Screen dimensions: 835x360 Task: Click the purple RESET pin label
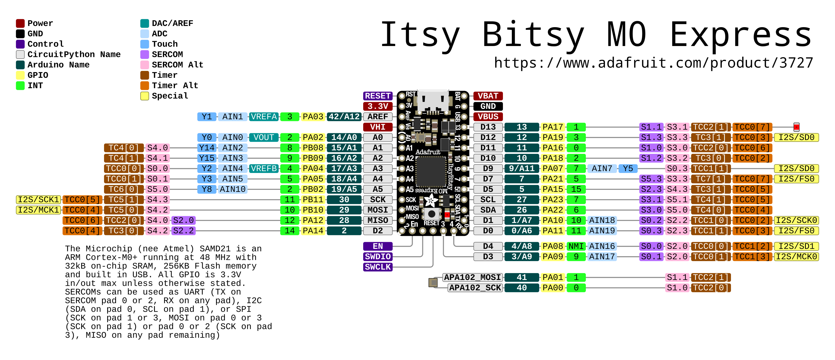tap(377, 96)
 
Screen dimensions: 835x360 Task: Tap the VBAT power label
tap(488, 96)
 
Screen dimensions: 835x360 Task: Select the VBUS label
tap(488, 116)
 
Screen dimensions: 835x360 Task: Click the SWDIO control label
tap(377, 256)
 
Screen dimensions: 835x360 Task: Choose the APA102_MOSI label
tap(472, 277)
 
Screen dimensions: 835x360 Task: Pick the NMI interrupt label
tap(576, 246)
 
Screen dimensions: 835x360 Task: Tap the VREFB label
tap(264, 168)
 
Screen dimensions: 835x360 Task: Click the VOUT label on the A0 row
tap(264, 137)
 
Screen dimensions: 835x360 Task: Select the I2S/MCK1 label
tap(39, 210)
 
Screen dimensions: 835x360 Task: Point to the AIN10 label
tap(232, 189)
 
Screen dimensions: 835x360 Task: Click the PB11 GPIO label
tap(313, 200)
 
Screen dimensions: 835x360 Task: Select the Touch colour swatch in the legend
tap(145, 44)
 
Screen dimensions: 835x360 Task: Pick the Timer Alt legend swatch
tap(145, 85)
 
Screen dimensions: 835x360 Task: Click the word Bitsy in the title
tap(533, 35)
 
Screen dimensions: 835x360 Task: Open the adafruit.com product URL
tap(654, 63)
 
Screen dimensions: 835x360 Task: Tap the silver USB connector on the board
tap(433, 101)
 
